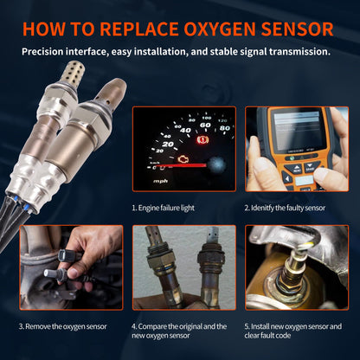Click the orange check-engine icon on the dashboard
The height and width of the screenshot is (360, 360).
[x=183, y=161]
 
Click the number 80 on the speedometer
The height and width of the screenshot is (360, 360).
[x=223, y=128]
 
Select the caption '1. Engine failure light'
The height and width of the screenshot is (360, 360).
[x=169, y=209]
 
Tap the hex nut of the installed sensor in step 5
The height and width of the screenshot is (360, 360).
[x=289, y=286]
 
